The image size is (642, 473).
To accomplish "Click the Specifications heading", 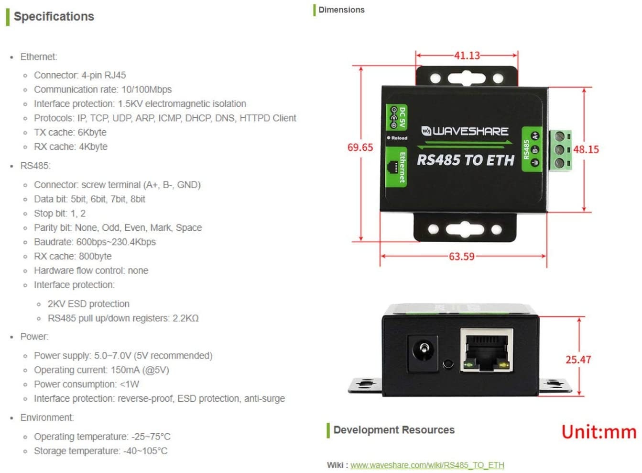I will click(54, 16).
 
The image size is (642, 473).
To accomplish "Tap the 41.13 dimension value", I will click(467, 56).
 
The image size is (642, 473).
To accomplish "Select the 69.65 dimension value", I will click(360, 147).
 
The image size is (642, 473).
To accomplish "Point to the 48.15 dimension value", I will click(586, 149).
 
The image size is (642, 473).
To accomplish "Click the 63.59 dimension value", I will click(461, 257).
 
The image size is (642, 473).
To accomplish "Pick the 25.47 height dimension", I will click(578, 360).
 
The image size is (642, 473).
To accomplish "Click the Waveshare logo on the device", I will click(465, 131).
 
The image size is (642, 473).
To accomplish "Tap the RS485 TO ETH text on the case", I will click(465, 160).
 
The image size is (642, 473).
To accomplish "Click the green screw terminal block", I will click(560, 150).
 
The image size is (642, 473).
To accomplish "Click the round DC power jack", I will click(423, 353).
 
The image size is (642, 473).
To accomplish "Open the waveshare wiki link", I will click(427, 465).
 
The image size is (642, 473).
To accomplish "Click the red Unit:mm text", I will click(598, 432).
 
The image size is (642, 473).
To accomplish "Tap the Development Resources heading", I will click(393, 430).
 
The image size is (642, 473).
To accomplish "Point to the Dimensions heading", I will click(341, 10).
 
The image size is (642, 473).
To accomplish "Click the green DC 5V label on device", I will click(397, 117).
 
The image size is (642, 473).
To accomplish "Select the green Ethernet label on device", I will click(397, 167).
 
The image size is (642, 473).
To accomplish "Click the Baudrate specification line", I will click(95, 242).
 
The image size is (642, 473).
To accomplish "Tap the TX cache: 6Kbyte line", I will click(70, 132).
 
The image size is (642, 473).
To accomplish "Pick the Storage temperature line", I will click(100, 451).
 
